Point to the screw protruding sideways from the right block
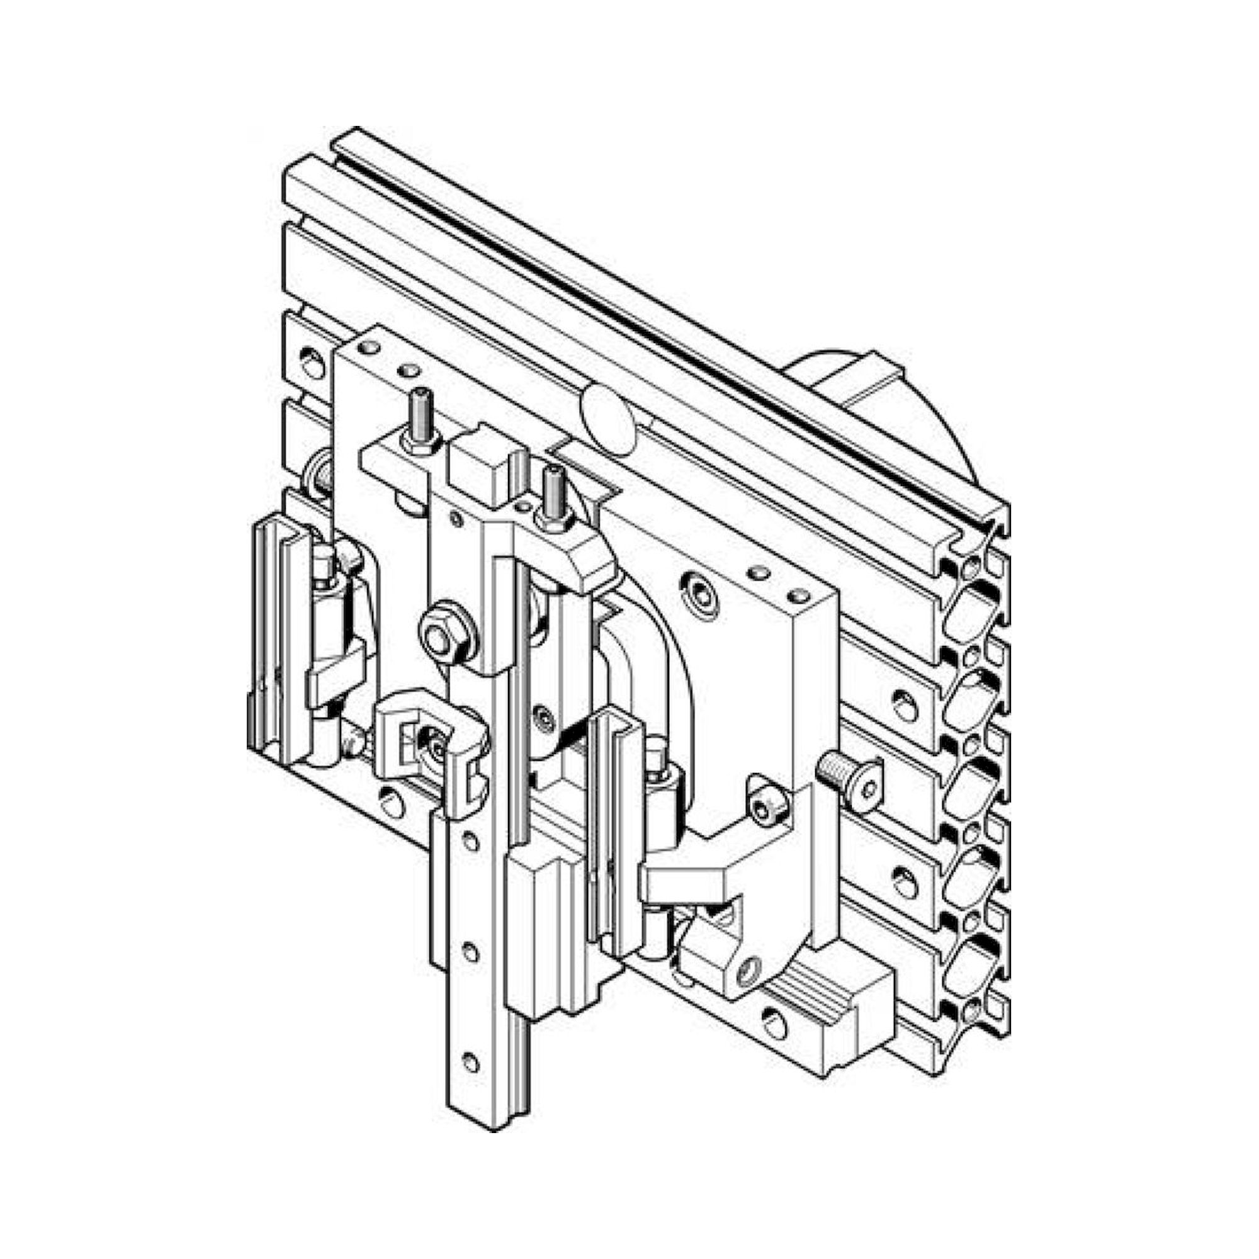pyautogui.click(x=847, y=774)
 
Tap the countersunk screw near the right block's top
pyautogui.click(x=703, y=594)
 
